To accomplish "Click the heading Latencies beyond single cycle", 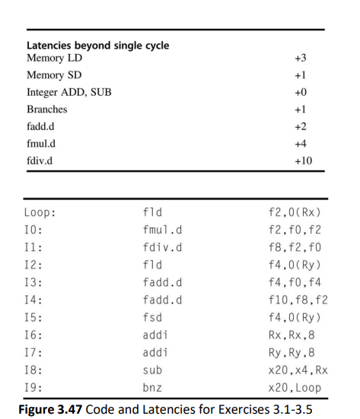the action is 97,46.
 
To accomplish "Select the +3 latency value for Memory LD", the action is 300,58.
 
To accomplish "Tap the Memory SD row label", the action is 54,75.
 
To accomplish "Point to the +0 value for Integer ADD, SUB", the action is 300,92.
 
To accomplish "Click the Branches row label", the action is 46,110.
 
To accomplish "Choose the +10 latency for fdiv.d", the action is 302,161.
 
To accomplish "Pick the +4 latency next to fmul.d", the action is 300,144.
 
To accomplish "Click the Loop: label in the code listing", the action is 40,212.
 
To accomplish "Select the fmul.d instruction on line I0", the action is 162,230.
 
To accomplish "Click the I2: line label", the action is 34,265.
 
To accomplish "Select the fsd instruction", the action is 153,317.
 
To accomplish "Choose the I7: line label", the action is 34,352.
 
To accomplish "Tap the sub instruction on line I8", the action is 153,370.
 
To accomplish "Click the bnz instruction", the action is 153,387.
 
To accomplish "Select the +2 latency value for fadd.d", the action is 300,126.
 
